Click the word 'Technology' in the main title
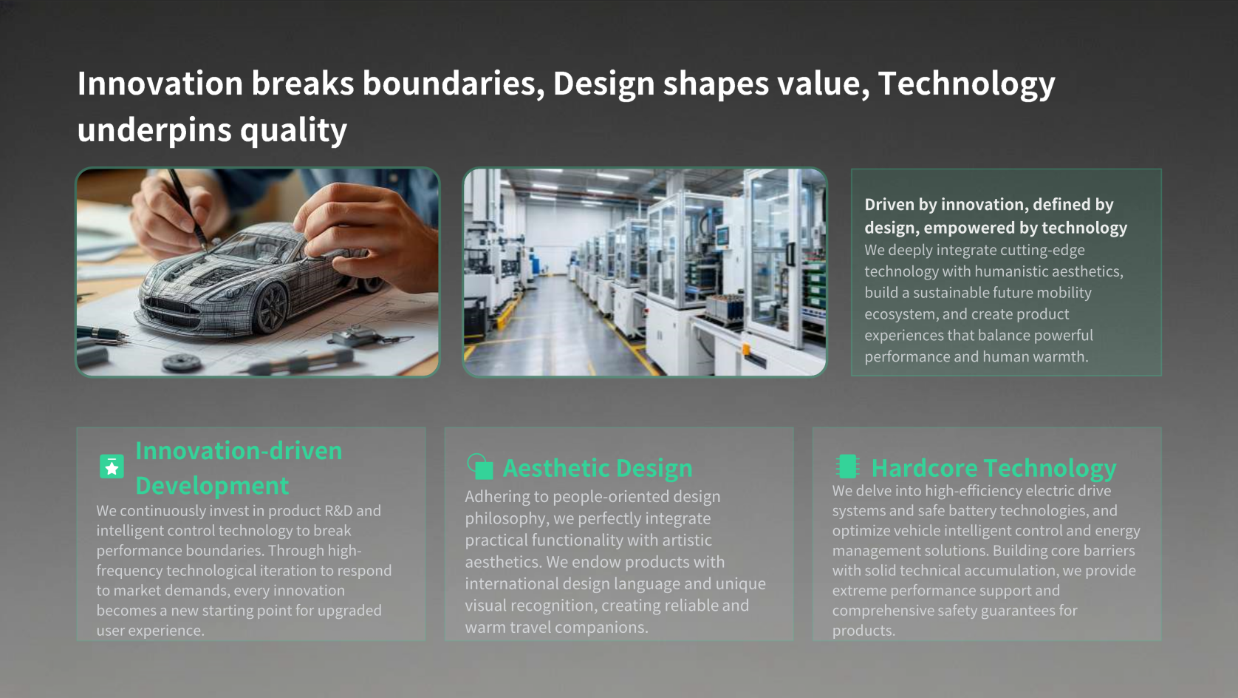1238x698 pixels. [966, 84]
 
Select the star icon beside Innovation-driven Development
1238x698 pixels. [112, 467]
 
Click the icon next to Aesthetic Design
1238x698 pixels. [479, 467]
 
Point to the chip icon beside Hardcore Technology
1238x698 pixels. [847, 467]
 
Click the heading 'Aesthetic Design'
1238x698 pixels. [598, 468]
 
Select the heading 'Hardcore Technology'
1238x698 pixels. [994, 468]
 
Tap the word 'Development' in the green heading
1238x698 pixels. [212, 486]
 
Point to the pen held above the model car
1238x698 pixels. [188, 209]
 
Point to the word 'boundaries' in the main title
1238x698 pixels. [454, 84]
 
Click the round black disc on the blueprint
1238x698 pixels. [182, 362]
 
